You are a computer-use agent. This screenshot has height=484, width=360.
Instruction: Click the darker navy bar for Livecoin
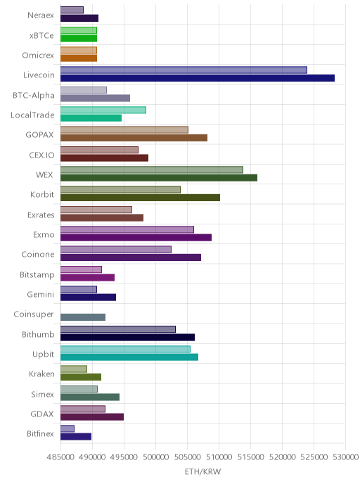[x=198, y=78]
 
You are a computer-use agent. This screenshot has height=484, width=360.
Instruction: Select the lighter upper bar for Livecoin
[x=184, y=70]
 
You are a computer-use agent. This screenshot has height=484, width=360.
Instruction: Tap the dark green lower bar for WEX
[x=159, y=178]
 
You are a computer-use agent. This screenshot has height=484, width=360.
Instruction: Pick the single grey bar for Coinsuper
[x=83, y=317]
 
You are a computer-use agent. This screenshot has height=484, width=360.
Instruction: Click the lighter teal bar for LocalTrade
[x=103, y=110]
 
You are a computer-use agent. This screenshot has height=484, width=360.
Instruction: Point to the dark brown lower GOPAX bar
[x=134, y=138]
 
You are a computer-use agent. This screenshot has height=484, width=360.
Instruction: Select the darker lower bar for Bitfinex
[x=76, y=437]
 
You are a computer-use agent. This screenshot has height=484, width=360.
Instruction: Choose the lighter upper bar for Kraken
[x=74, y=369]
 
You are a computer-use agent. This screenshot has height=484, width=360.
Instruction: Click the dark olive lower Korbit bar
[x=141, y=198]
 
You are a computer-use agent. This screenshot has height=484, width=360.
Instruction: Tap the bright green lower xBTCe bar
[x=79, y=38]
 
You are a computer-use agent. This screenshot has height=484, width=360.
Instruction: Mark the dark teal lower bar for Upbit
[x=129, y=357]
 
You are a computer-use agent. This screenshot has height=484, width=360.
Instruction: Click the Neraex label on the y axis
[x=41, y=15]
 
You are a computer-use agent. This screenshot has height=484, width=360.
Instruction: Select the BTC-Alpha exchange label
[x=34, y=96]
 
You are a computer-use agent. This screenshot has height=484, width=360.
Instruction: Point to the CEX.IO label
[x=41, y=155]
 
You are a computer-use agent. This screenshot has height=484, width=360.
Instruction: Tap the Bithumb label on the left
[x=38, y=334]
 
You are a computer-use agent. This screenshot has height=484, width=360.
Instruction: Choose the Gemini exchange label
[x=40, y=295]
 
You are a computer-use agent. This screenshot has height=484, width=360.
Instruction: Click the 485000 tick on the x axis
[x=60, y=457]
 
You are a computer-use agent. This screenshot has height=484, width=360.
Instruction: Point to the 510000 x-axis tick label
[x=219, y=457]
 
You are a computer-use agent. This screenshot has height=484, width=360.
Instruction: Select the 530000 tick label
[x=345, y=457]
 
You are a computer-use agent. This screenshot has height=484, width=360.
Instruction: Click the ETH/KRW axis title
[x=202, y=471]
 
